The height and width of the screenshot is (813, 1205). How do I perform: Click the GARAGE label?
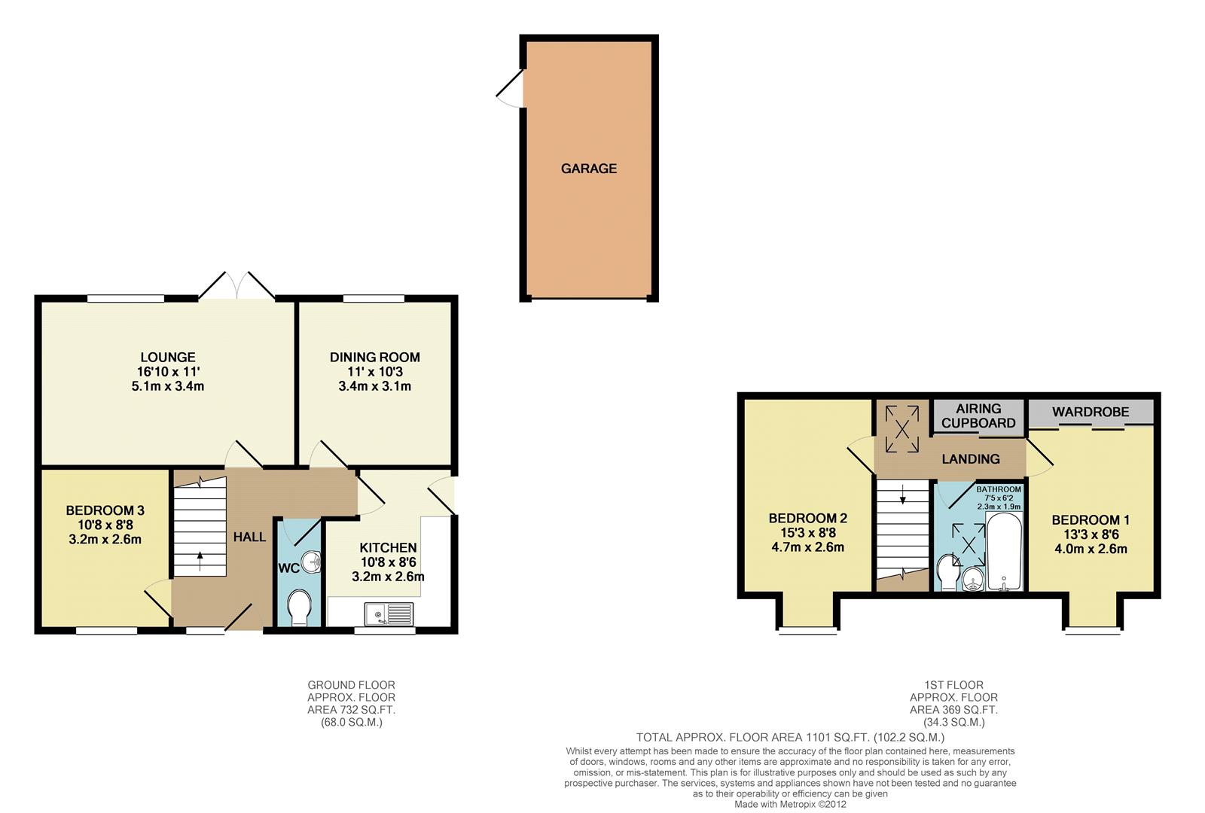point(588,169)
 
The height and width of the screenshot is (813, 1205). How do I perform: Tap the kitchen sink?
point(389,615)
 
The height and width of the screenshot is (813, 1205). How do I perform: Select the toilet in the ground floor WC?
point(298,607)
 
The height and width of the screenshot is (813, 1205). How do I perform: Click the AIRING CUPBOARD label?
point(978,416)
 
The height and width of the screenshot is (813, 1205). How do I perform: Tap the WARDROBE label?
point(1090,412)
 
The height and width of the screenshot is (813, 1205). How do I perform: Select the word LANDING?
point(971,458)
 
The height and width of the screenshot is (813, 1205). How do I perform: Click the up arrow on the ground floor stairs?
point(200,560)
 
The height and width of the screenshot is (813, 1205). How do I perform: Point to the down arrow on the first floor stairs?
point(902,496)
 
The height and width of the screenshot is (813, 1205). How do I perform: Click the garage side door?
point(510,89)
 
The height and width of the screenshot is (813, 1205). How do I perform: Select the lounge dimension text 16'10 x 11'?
point(167,372)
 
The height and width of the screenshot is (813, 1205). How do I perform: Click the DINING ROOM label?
point(374,357)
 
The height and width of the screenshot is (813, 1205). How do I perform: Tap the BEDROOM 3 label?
point(105,510)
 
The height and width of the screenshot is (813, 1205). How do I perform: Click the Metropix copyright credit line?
point(790,804)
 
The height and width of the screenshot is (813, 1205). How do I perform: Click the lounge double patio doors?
point(236,287)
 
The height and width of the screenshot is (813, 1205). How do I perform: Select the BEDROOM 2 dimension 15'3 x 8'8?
point(807,533)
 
